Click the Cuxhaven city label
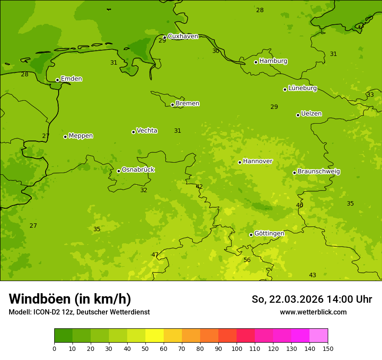pos(183,36)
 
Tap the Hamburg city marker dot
pos(256,62)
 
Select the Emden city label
pos(71,79)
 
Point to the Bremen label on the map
pos(188,104)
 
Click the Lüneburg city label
pos(303,88)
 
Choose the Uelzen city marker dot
pos(298,115)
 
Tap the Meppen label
pos(81,136)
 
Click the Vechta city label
pos(147,131)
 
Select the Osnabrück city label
pos(138,170)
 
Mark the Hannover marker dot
pos(240,162)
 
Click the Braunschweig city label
pos(319,172)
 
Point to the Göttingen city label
pos(269,234)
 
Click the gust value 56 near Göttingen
pos(247,260)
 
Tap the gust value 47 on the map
pos(155,255)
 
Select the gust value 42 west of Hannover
pos(199,187)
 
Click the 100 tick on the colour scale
pos(237,349)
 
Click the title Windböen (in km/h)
pos(70,299)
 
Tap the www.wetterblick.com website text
pos(313,312)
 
